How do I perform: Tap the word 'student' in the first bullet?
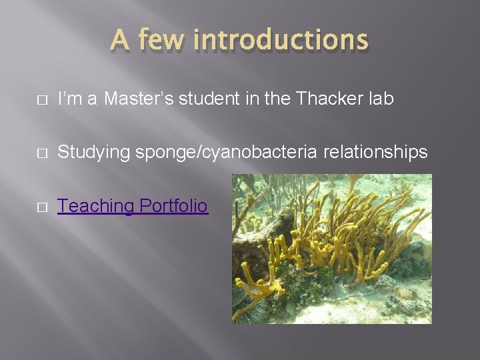201,99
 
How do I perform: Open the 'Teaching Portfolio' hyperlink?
132,207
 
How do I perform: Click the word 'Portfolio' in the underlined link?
172,207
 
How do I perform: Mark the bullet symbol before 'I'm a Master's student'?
41,99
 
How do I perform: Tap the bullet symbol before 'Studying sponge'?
41,153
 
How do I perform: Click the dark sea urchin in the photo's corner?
250,310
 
